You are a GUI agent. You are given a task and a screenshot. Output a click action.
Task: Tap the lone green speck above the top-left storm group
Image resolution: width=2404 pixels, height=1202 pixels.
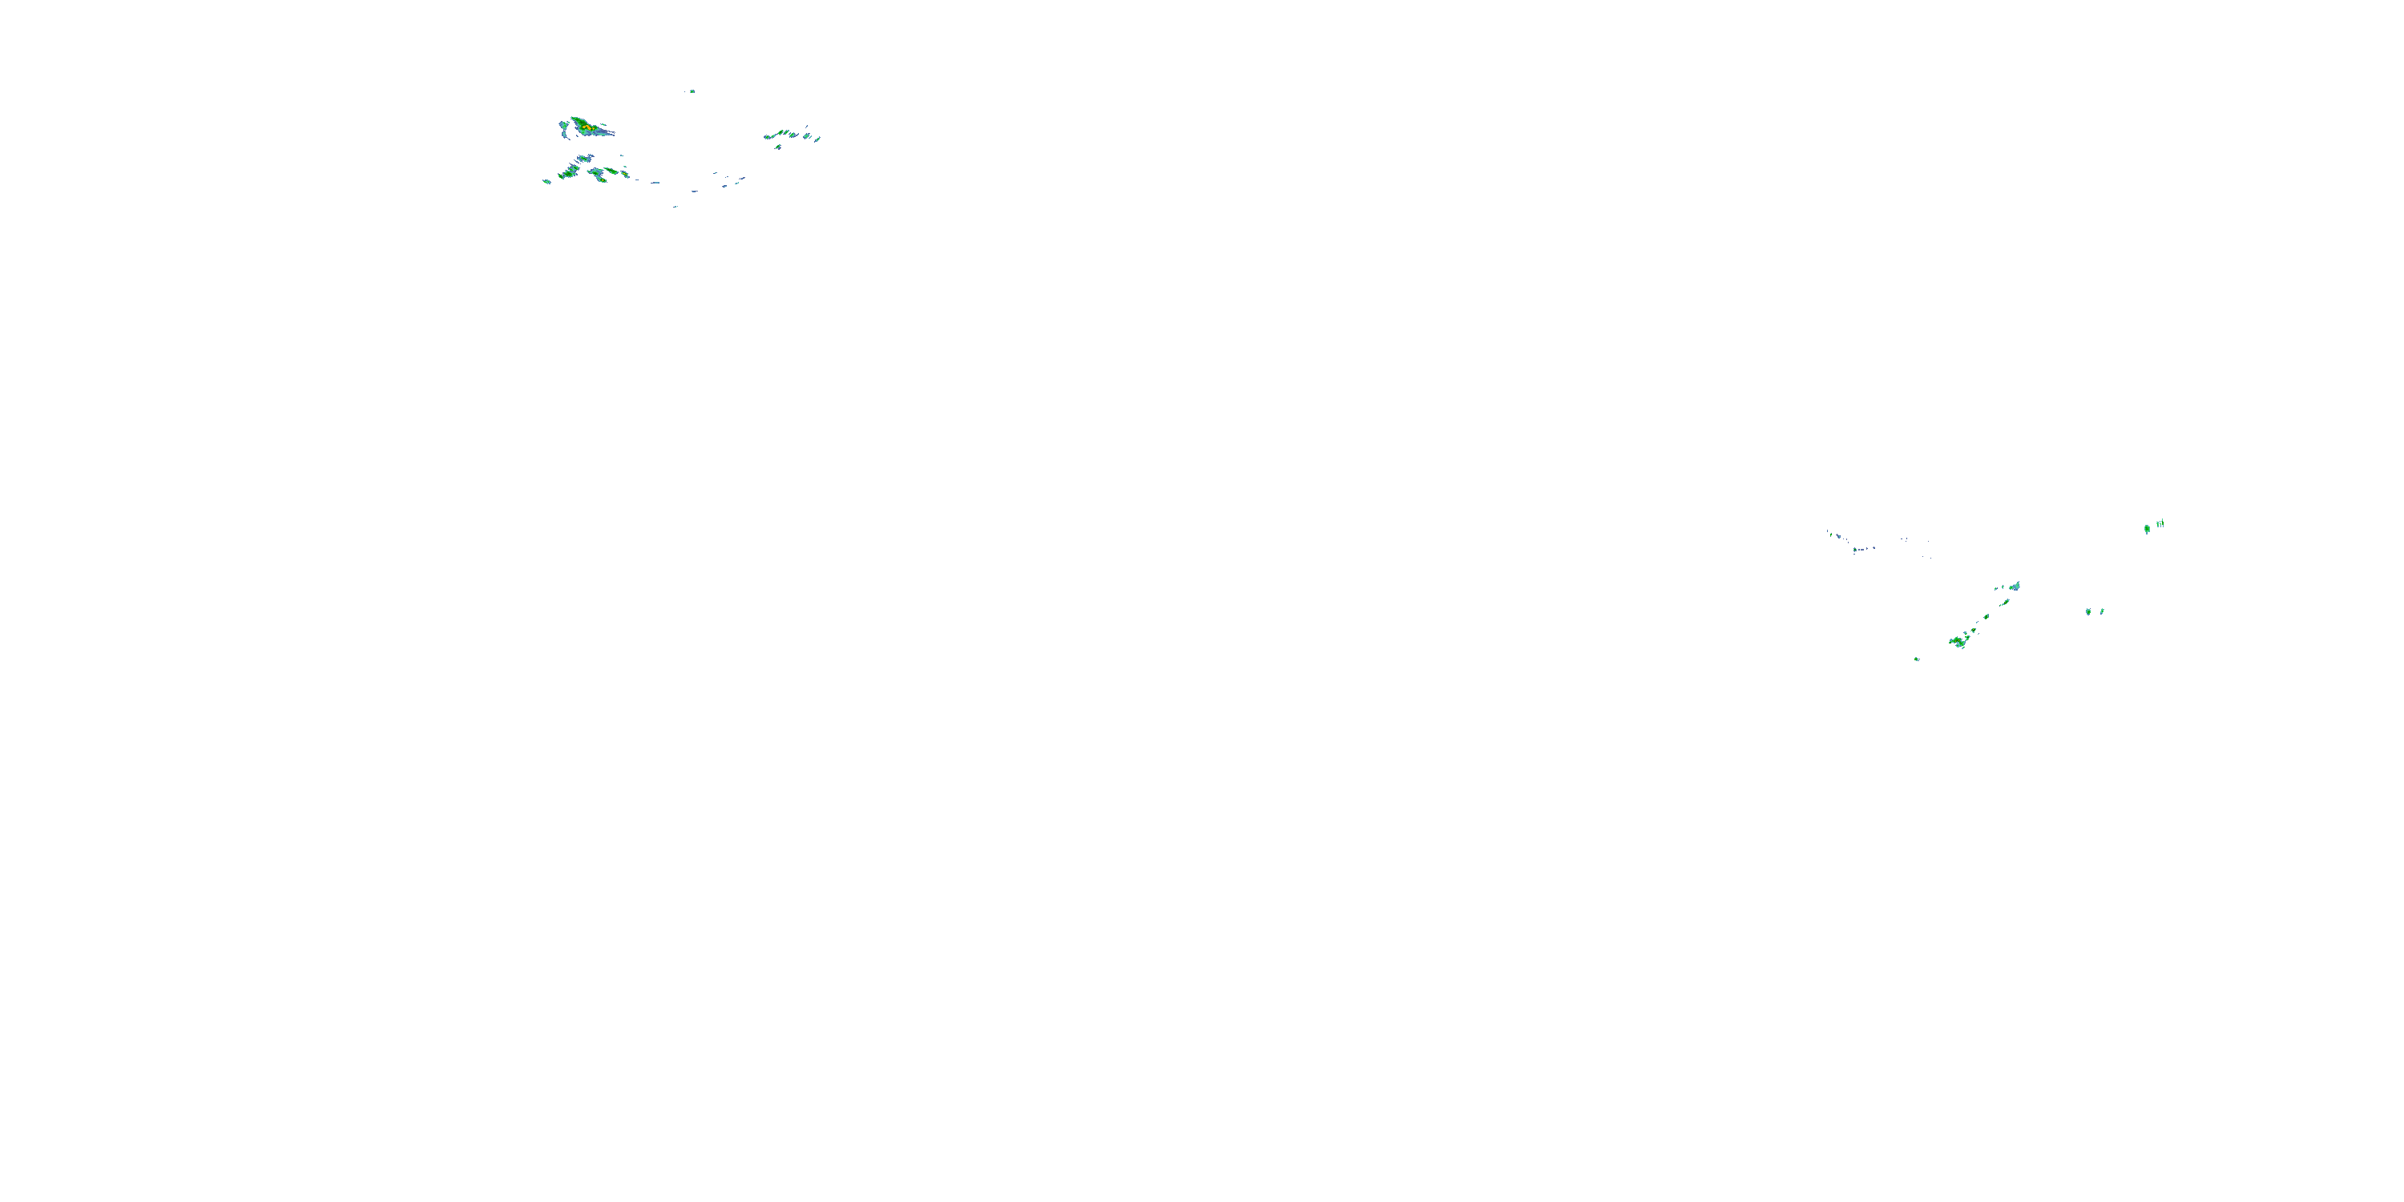click(x=692, y=91)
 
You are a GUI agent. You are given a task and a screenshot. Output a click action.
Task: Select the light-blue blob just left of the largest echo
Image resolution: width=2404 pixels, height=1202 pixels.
click(x=563, y=124)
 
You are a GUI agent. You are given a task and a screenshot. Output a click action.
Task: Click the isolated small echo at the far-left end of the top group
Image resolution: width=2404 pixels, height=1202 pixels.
click(x=547, y=181)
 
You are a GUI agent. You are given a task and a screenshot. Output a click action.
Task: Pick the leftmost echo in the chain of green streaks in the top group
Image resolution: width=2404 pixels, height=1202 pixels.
click(x=768, y=137)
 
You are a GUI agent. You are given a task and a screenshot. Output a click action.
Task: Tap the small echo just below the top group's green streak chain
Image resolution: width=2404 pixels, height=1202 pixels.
click(x=777, y=147)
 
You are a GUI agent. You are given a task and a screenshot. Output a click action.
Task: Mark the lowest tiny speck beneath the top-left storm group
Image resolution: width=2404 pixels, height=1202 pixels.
click(x=675, y=206)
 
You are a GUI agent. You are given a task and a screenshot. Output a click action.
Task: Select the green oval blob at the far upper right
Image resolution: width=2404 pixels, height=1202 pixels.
click(x=2148, y=529)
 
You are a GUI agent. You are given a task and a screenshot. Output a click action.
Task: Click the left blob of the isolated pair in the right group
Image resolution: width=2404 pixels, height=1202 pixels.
click(x=2088, y=612)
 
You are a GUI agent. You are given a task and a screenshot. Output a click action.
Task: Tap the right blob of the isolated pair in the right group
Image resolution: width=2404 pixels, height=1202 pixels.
click(x=2102, y=611)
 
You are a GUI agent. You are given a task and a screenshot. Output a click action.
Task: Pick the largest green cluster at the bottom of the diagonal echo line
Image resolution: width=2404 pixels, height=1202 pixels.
click(x=1957, y=642)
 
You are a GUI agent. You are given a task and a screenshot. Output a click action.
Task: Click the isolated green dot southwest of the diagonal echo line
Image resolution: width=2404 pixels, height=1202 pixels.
click(x=1917, y=659)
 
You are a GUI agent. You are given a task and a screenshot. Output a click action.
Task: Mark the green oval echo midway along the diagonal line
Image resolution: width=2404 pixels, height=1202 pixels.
click(x=1986, y=617)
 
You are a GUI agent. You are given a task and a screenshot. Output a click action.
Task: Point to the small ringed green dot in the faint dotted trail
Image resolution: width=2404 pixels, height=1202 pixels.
click(x=1855, y=550)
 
